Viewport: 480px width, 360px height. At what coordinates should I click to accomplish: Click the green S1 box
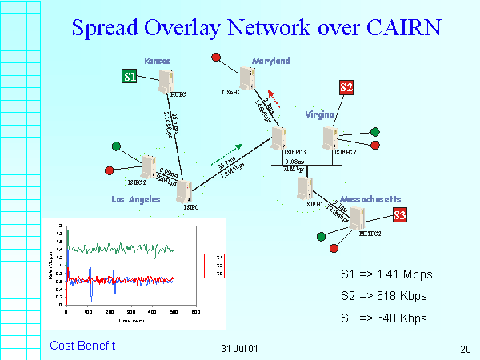tap(130, 76)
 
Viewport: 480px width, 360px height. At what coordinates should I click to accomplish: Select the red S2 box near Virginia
tap(346, 87)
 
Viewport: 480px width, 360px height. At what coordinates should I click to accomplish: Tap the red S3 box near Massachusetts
tap(400, 214)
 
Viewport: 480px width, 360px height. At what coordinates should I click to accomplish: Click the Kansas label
tap(158, 61)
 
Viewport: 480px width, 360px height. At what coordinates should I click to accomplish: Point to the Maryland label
tap(270, 61)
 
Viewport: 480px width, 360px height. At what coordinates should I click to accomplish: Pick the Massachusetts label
tap(370, 198)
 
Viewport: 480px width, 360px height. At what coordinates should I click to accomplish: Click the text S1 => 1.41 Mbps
tap(386, 274)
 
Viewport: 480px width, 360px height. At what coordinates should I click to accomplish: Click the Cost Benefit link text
tap(82, 346)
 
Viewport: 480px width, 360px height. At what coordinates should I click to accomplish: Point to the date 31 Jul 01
tap(239, 349)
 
